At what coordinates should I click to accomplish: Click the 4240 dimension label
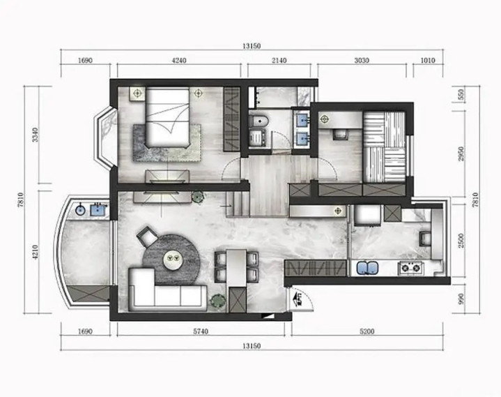click(179, 60)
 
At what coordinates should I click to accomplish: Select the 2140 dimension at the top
click(279, 60)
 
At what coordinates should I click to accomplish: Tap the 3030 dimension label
click(362, 60)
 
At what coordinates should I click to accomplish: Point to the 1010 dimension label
click(428, 60)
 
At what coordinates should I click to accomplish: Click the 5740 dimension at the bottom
click(201, 331)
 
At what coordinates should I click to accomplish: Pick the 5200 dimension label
click(367, 331)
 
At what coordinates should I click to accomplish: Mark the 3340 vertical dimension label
click(35, 135)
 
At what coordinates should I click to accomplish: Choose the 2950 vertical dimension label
click(461, 153)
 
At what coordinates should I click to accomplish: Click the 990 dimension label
click(461, 299)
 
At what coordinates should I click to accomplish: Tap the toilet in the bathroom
click(259, 121)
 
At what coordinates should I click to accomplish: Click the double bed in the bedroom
click(167, 117)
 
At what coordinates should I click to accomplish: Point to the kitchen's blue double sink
click(367, 268)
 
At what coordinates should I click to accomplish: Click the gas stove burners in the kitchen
click(411, 268)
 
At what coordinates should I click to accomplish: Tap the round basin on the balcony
click(80, 210)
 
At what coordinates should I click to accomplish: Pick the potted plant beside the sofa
click(218, 301)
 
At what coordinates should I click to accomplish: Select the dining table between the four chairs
click(236, 268)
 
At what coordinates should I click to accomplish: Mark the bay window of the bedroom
click(105, 137)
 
